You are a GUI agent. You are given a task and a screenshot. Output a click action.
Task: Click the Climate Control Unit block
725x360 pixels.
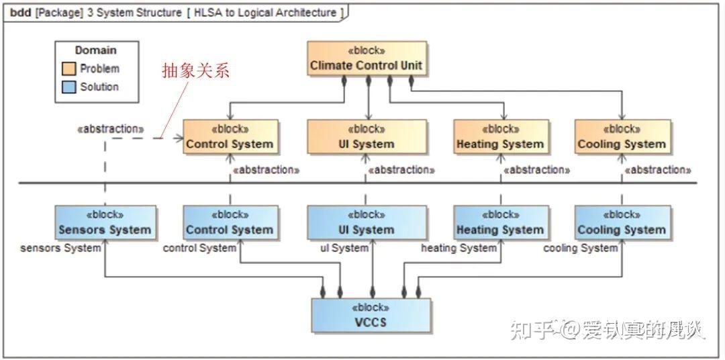(x=367, y=58)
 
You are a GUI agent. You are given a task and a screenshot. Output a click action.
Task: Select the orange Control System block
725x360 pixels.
(x=230, y=137)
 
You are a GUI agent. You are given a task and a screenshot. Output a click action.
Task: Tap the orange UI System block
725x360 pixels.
(x=367, y=137)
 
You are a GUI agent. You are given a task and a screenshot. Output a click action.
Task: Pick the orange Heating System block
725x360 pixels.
(x=500, y=137)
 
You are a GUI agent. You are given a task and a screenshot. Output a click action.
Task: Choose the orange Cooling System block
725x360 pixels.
(x=622, y=137)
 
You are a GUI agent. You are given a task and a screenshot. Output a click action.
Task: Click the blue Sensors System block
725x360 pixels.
(x=105, y=222)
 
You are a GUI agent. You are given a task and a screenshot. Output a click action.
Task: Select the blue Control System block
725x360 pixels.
(x=230, y=222)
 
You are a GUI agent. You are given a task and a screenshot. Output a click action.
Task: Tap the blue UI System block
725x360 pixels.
(x=367, y=222)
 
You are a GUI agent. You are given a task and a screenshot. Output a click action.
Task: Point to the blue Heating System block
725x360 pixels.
(x=500, y=222)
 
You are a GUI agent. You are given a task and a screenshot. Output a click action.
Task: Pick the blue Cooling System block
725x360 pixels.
(x=622, y=222)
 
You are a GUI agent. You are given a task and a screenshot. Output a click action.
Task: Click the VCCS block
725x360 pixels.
(x=371, y=314)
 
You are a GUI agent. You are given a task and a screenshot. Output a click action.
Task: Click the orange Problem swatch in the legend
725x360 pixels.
(x=68, y=69)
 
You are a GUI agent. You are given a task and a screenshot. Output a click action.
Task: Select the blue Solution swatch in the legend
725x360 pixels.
(x=68, y=87)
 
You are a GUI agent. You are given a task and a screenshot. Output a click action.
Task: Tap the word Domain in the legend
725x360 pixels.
(x=95, y=50)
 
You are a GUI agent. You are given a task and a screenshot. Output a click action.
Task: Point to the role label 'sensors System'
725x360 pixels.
(x=60, y=248)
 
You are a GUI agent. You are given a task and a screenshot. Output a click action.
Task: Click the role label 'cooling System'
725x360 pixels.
(x=580, y=248)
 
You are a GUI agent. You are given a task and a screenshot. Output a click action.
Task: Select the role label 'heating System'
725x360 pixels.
(x=458, y=248)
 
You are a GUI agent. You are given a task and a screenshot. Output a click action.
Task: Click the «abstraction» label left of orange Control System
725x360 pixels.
(x=110, y=129)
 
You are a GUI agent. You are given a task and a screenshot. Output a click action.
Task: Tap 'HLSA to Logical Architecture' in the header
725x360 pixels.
(x=264, y=13)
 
